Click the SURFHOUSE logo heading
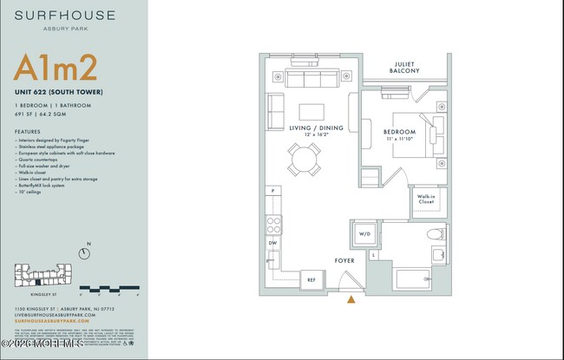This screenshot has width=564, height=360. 52,16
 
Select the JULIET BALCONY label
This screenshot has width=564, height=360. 406,67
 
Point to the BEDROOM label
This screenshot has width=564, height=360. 399,132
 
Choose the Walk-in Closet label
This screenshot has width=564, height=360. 426,200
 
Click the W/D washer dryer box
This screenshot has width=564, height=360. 364,233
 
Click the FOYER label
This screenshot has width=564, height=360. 345,259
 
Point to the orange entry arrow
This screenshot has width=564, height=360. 351,299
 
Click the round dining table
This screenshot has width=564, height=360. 305,160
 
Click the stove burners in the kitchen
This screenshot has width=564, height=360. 273,224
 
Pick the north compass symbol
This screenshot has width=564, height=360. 85,253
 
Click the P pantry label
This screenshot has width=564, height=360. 272,191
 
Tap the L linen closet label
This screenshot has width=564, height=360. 373,255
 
